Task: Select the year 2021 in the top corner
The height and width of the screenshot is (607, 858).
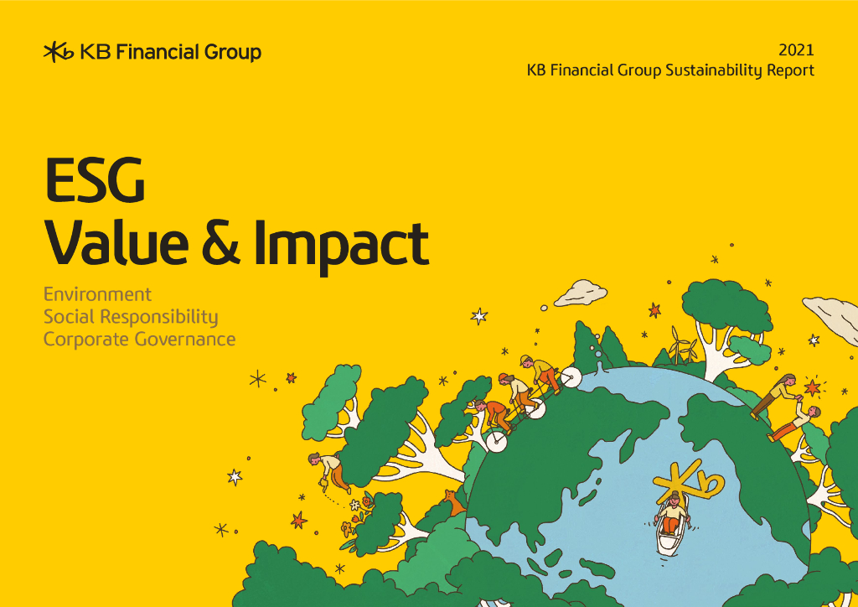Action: [796, 49]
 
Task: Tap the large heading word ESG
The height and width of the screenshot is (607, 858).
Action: [94, 180]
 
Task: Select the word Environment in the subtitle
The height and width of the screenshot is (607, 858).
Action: [97, 294]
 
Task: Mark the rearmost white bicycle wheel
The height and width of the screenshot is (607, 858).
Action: [497, 440]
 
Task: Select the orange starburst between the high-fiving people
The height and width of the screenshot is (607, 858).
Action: [811, 388]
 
